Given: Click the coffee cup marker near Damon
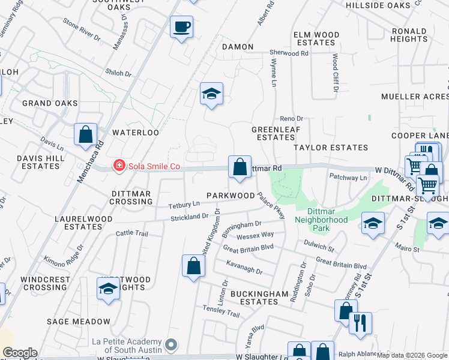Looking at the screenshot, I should pyautogui.click(x=181, y=27).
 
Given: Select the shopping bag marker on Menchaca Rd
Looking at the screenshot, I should pyautogui.click(x=85, y=134).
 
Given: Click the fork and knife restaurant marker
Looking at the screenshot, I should pyautogui.click(x=360, y=323).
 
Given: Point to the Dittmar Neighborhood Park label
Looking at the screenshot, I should pyautogui.click(x=321, y=215).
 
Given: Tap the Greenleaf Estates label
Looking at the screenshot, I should pyautogui.click(x=273, y=133).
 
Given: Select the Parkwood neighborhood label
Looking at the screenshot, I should pyautogui.click(x=231, y=196).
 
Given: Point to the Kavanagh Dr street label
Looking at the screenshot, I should pyautogui.click(x=244, y=268).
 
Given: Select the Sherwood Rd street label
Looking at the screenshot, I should pyautogui.click(x=289, y=53).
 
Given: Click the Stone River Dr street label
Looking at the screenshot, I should pyautogui.click(x=82, y=32).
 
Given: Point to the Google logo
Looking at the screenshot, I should pyautogui.click(x=20, y=352).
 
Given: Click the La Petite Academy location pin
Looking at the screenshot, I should pyautogui.click(x=171, y=345).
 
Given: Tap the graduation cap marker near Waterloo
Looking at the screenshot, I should pyautogui.click(x=211, y=94).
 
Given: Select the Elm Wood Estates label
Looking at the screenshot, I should pyautogui.click(x=315, y=38).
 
